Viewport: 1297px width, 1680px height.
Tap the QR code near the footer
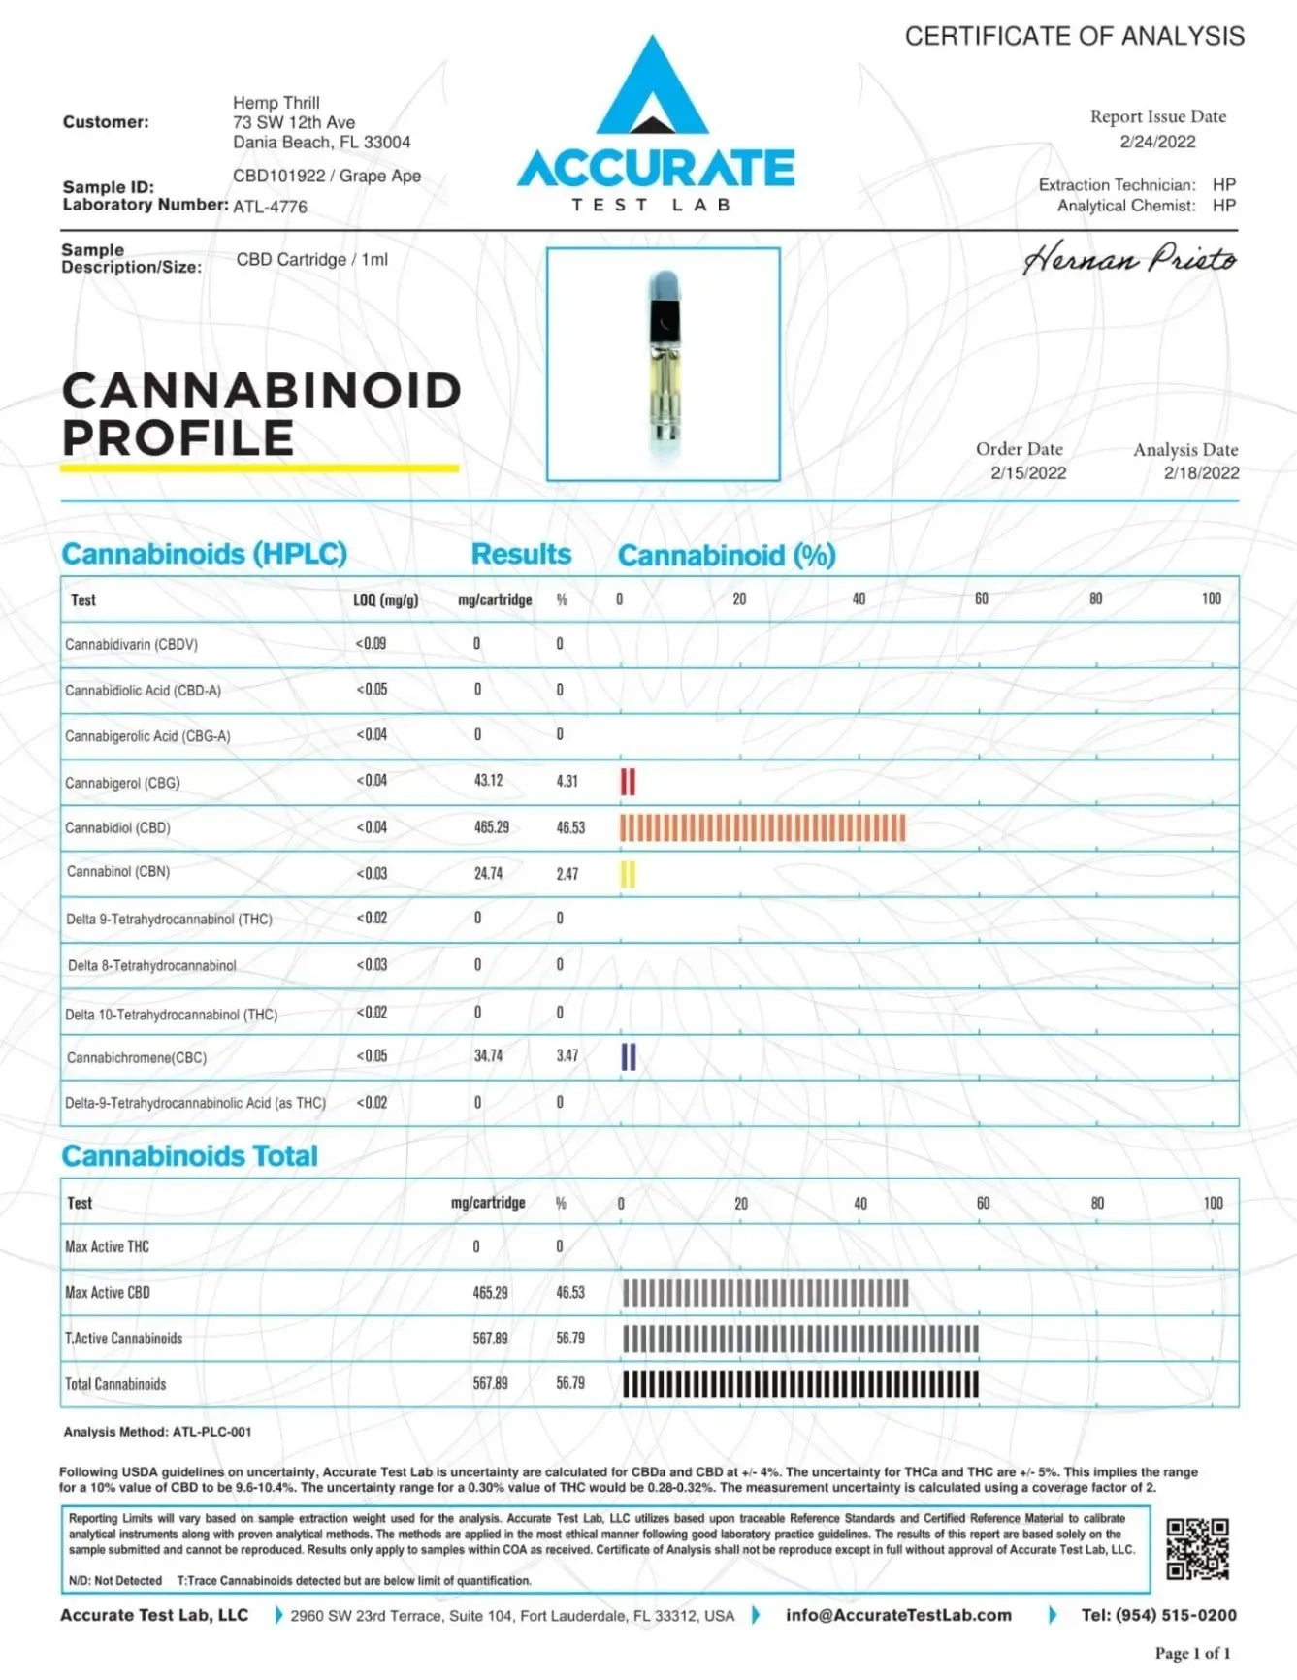click(x=1197, y=1549)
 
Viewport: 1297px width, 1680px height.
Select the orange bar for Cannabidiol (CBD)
click(x=762, y=827)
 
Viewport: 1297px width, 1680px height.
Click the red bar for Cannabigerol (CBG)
click(x=628, y=782)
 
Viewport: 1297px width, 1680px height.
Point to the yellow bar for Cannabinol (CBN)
click(x=628, y=874)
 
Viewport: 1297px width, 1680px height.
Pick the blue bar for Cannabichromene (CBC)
click(x=629, y=1056)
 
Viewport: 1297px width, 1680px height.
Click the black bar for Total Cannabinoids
click(x=800, y=1384)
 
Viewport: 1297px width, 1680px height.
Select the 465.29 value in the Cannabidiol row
click(x=491, y=827)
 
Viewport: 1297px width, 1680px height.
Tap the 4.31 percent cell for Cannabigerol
click(x=567, y=781)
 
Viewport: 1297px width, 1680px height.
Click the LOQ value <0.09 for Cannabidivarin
click(x=371, y=643)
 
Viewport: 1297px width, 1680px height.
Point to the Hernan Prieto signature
click(x=1129, y=260)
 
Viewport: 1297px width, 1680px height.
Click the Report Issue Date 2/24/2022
click(x=1157, y=142)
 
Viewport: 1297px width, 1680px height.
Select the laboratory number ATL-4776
click(x=270, y=207)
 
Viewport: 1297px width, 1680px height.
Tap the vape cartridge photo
click(x=664, y=364)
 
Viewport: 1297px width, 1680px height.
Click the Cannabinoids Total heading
click(x=190, y=1156)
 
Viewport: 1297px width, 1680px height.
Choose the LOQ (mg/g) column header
click(x=385, y=600)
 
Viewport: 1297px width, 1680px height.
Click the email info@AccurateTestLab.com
click(x=898, y=1615)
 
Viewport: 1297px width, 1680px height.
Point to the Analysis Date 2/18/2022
click(x=1201, y=473)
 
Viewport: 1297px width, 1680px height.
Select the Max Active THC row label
click(x=107, y=1246)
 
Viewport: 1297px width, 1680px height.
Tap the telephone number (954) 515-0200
click(x=1158, y=1615)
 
